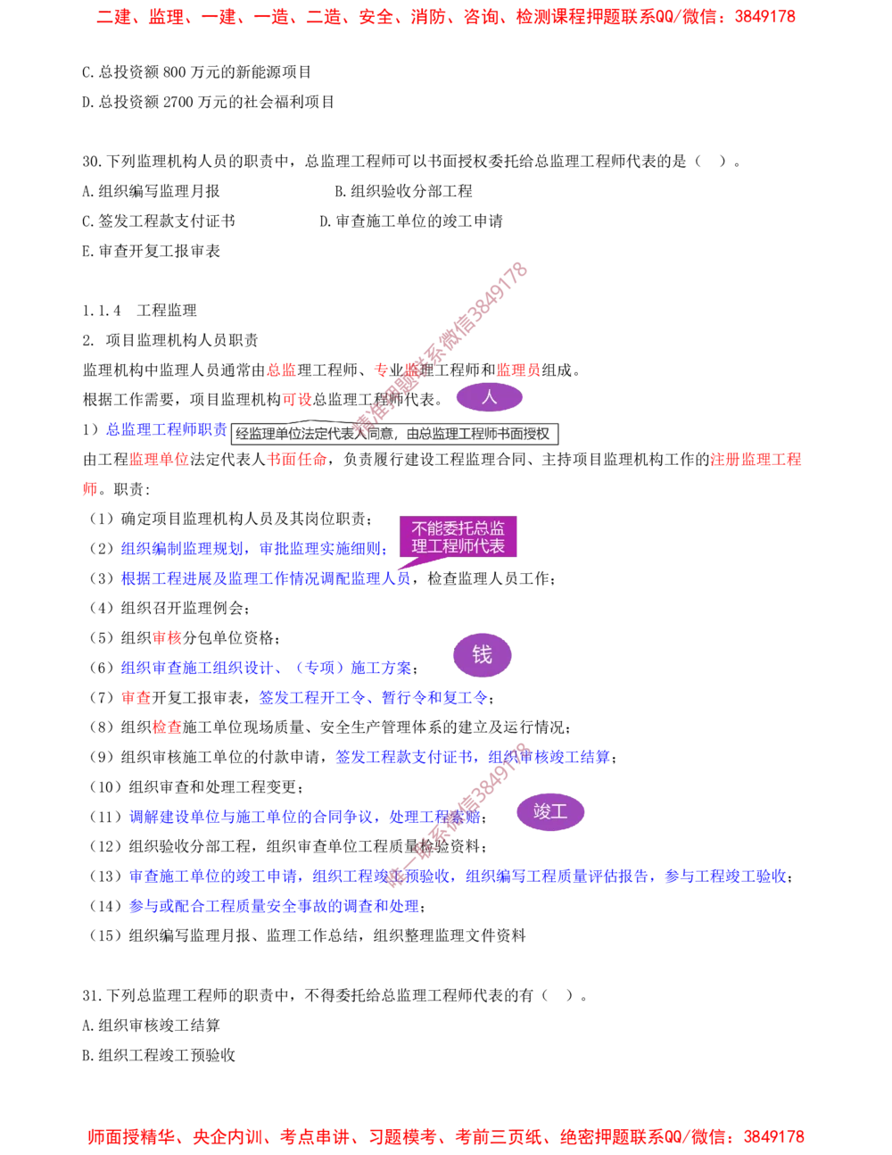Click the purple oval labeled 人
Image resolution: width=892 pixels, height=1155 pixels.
489,397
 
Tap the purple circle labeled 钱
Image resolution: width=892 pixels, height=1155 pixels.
482,655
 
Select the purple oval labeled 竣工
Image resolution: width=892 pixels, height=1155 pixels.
550,812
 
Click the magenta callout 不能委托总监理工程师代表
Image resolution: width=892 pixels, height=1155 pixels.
458,537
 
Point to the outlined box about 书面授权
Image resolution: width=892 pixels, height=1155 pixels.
394,434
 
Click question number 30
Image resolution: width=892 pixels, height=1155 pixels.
93,161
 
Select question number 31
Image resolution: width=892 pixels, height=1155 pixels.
93,995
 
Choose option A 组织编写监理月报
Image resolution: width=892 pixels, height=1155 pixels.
151,191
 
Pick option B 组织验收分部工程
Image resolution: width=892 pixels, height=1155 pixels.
403,191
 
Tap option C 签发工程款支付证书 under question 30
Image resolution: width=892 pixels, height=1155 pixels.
158,220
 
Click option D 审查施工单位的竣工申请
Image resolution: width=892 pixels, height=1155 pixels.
411,220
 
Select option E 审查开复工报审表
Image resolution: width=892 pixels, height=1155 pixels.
151,251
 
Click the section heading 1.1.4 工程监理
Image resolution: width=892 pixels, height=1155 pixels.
140,310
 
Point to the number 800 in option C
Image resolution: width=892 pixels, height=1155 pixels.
174,71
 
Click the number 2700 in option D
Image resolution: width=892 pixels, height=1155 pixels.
178,102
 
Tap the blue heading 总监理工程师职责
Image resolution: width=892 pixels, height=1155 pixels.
166,429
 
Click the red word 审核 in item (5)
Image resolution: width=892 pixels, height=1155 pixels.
167,637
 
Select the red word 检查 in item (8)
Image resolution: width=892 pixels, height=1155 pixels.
167,727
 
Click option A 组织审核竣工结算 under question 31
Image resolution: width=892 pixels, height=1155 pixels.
151,1025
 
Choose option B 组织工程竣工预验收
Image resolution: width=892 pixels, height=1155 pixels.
158,1054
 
